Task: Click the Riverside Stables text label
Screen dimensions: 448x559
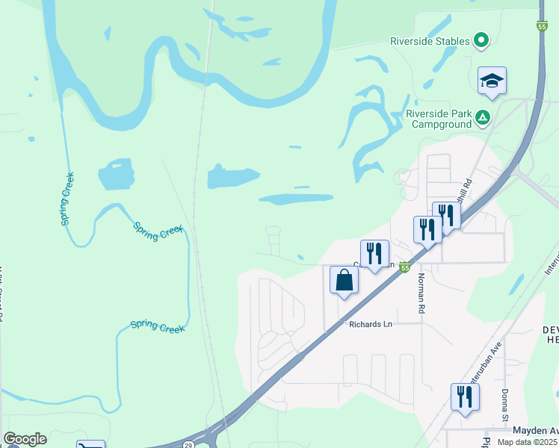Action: click(430, 41)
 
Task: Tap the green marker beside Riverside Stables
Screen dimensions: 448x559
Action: click(482, 40)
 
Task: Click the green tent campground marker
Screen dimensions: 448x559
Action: click(483, 116)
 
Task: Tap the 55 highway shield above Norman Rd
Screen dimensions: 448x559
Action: click(405, 267)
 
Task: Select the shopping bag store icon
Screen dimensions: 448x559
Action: click(345, 281)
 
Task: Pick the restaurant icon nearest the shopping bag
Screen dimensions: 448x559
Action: click(374, 254)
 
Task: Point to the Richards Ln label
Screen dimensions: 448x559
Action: click(371, 324)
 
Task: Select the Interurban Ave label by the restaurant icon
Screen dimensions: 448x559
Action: click(483, 382)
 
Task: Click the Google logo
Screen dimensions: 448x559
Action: click(25, 439)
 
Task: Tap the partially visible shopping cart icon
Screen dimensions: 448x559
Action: click(90, 445)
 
